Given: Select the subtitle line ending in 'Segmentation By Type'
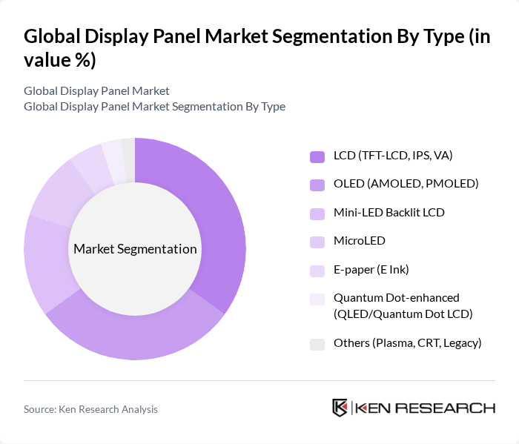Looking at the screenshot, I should (x=154, y=106).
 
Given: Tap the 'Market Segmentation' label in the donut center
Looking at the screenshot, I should (x=135, y=249).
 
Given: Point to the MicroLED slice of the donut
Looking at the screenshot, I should (x=59, y=193).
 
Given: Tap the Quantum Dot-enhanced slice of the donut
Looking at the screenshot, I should (x=113, y=151).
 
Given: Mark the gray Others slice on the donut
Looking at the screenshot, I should (x=128, y=149).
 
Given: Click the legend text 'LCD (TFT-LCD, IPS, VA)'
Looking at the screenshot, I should (x=393, y=156).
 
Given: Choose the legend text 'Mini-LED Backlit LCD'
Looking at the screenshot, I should (x=389, y=213).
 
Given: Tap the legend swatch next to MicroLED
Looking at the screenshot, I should (x=317, y=242).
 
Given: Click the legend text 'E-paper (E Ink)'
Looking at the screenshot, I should (x=371, y=269).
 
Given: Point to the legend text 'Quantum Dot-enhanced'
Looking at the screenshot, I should (x=397, y=297).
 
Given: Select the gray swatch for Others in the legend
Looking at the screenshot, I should (x=317, y=344).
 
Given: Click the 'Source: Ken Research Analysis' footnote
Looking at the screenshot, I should (x=90, y=409).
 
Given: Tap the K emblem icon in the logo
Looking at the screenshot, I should (x=340, y=408).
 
